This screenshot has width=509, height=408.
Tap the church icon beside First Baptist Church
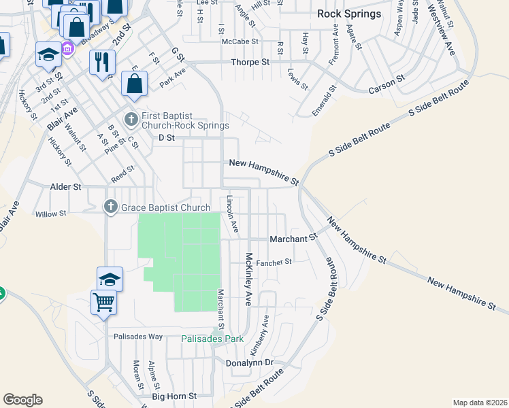(131, 120)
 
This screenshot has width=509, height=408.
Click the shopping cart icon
(104, 301)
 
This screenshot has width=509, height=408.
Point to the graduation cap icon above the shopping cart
(110, 278)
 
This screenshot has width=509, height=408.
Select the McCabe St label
(240, 41)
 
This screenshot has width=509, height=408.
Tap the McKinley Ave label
(249, 279)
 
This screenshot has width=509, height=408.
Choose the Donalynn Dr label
(249, 363)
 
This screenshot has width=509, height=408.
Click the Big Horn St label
(174, 396)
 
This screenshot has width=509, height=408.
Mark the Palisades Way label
(138, 337)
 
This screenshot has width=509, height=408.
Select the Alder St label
(65, 186)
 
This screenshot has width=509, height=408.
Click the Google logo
(22, 400)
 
